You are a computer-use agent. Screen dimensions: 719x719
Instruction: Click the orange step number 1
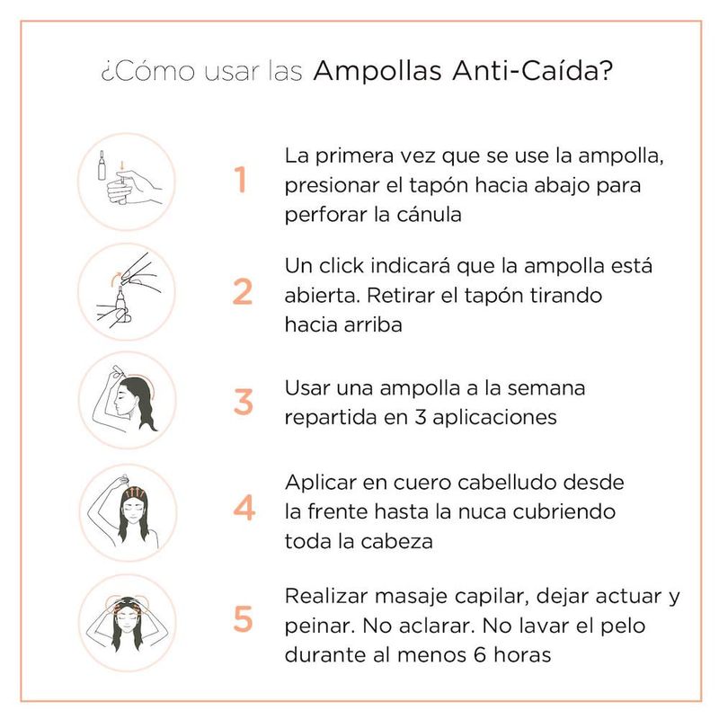[x=241, y=179]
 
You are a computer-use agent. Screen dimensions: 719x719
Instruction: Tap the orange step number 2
[x=243, y=291]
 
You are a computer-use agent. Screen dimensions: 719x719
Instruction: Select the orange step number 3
[x=244, y=402]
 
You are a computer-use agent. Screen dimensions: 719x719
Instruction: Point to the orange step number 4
[x=244, y=508]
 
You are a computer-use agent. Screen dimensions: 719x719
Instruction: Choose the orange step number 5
[x=243, y=618]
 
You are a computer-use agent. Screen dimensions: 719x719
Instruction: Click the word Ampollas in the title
[x=377, y=71]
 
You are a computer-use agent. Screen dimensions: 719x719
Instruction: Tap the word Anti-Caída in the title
[x=532, y=71]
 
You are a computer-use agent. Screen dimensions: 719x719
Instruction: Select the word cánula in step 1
[x=429, y=214]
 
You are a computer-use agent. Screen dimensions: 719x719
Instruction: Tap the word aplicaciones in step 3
[x=494, y=417]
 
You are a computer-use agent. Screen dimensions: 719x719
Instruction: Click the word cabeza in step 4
[x=396, y=541]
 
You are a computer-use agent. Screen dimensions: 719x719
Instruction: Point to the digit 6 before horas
[x=480, y=654]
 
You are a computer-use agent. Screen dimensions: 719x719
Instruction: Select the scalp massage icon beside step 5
[x=128, y=623]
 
